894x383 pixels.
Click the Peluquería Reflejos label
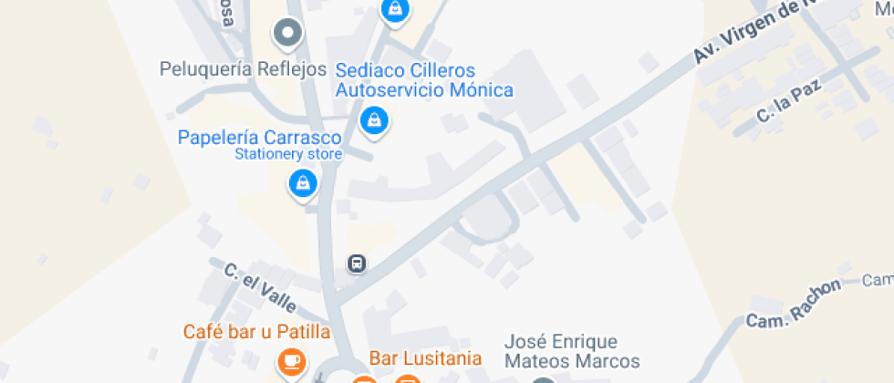[243, 68]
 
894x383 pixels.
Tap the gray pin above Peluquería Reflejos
[288, 35]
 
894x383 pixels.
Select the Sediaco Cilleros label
[406, 70]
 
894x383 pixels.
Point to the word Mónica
[479, 89]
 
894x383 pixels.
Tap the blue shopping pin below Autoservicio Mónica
[373, 120]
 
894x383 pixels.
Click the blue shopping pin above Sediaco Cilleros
[395, 10]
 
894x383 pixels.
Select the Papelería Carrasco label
[259, 138]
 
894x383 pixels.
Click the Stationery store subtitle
[288, 154]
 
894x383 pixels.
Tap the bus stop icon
[357, 264]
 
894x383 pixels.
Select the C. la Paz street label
[790, 101]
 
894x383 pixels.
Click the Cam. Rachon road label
[794, 305]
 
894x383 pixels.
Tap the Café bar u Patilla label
[256, 331]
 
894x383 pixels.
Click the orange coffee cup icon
[291, 361]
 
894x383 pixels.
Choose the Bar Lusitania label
[425, 357]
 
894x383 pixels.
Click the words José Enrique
[561, 342]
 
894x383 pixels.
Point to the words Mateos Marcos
[573, 361]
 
